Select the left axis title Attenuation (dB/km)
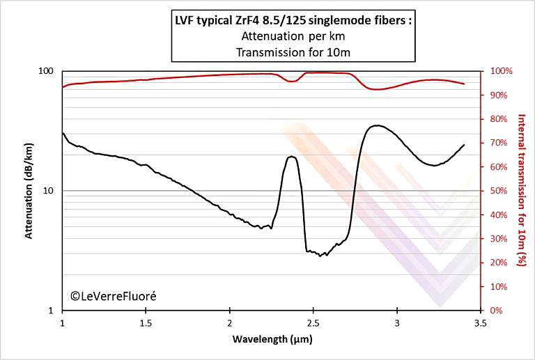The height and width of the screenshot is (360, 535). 29,191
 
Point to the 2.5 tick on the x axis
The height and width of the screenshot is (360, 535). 313,323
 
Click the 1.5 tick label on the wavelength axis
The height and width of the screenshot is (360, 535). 146,323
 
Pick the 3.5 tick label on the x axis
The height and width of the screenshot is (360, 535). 480,323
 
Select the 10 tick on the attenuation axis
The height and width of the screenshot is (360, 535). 49,191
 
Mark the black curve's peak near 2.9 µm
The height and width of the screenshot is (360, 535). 377,125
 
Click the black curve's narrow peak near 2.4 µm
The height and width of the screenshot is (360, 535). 291,157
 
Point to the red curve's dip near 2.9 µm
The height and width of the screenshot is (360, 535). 377,89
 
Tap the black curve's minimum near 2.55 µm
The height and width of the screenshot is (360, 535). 320,256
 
